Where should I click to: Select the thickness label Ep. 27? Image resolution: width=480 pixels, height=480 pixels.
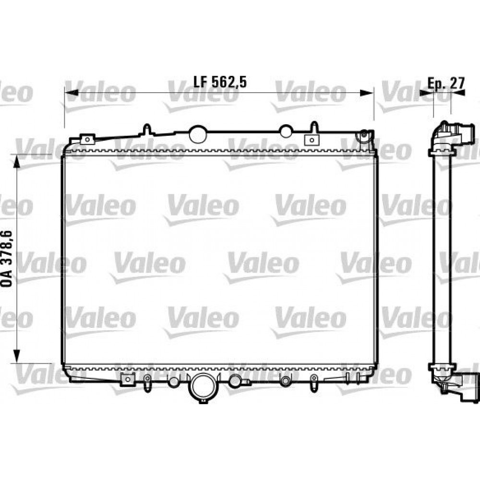[x=446, y=82]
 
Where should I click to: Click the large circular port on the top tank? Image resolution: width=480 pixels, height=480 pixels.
[x=197, y=134]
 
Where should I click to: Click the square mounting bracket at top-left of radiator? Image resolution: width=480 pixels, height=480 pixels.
[x=87, y=139]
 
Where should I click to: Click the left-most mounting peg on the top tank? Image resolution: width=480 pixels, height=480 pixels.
[x=147, y=129]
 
